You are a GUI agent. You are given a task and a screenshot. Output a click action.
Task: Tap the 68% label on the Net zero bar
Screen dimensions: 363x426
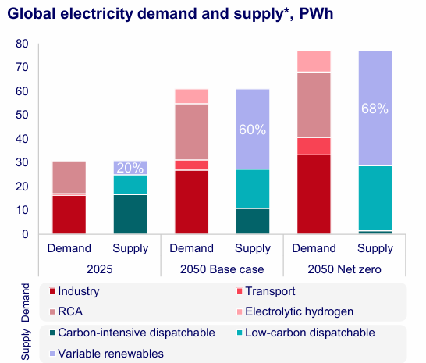point(375,109)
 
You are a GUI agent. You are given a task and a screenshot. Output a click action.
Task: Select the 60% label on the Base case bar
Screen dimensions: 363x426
point(252,128)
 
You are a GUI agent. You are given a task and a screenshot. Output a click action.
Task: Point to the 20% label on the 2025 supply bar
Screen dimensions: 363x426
point(130,167)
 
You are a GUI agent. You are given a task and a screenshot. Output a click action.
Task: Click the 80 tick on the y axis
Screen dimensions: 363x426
point(22,44)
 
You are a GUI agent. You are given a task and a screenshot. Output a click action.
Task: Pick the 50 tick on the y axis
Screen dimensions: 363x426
point(22,115)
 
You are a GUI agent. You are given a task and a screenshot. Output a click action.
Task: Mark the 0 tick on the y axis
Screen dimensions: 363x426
point(25,234)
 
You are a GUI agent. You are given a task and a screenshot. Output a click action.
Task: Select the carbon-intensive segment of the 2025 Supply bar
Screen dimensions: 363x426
point(130,215)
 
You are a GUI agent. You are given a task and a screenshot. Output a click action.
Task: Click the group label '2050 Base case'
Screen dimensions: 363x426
point(222,269)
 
